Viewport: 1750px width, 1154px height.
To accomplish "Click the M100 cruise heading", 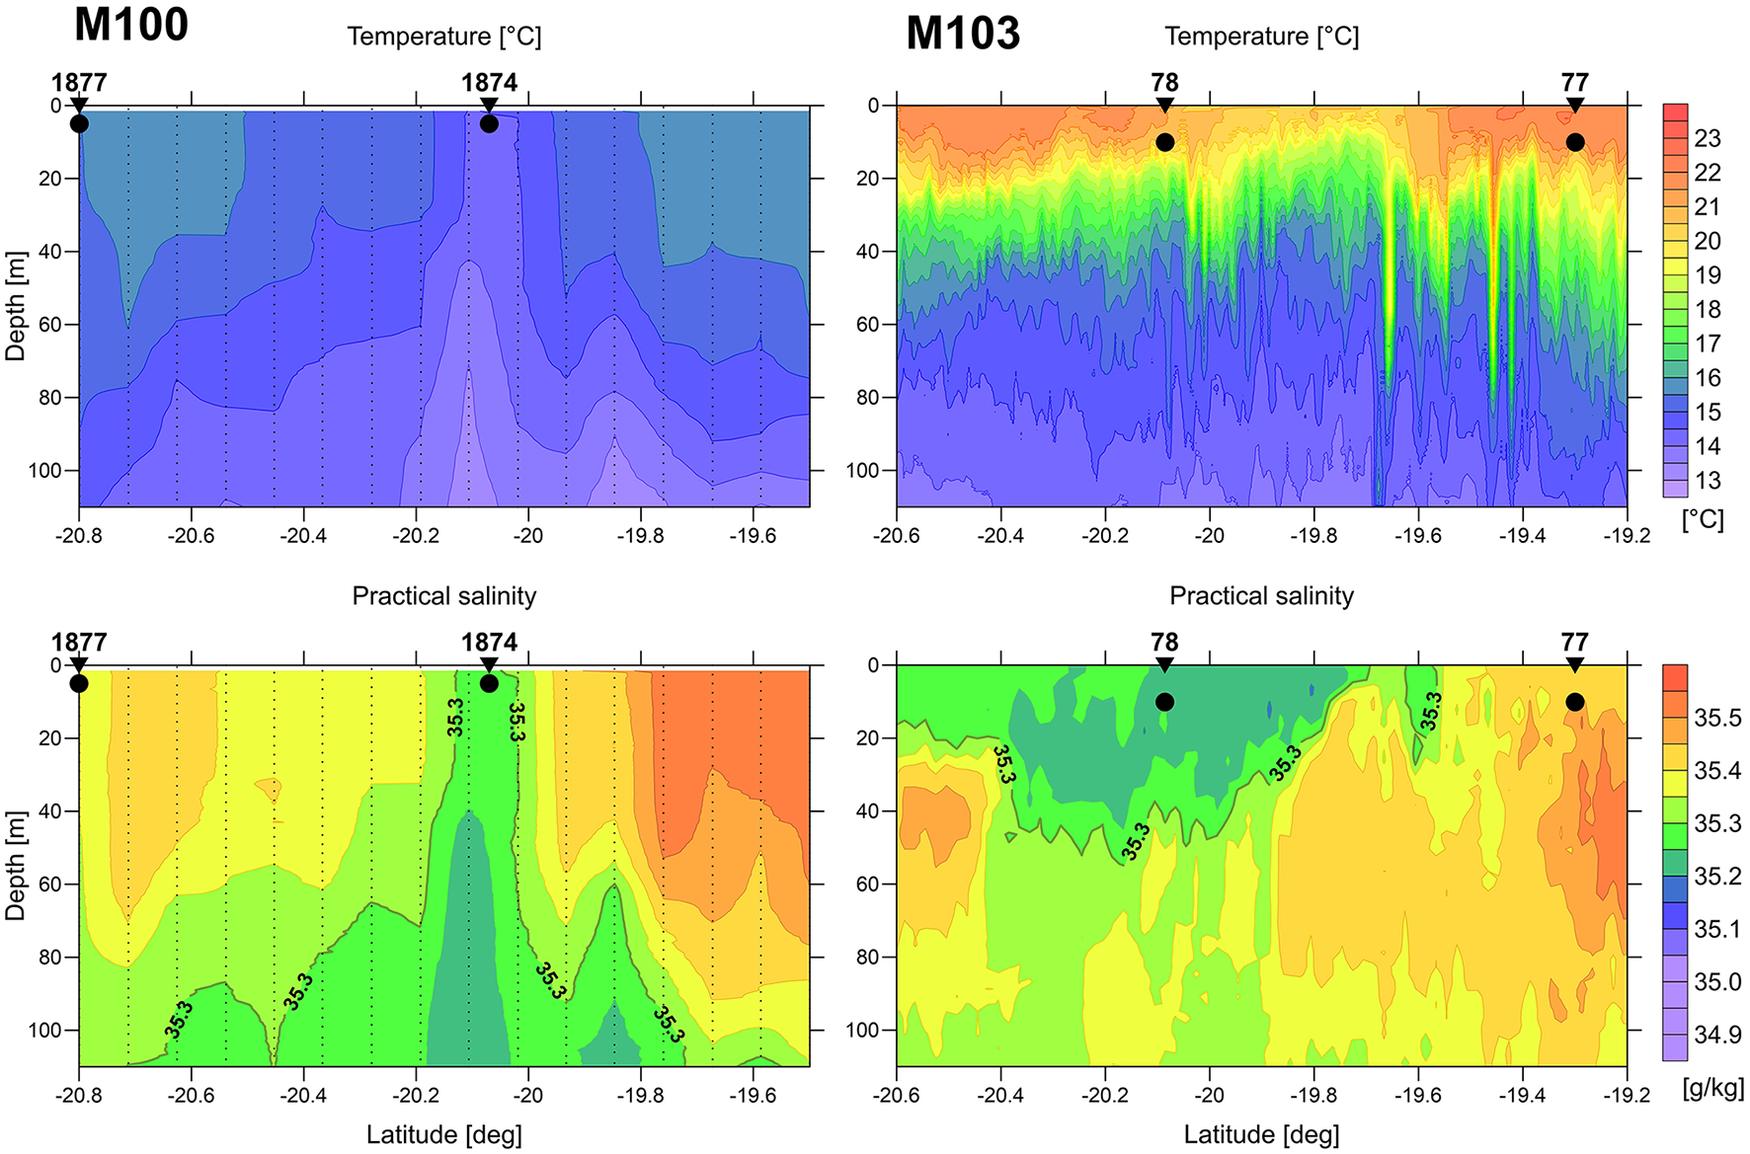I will pyautogui.click(x=130, y=24).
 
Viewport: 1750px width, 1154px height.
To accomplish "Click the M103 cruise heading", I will pyautogui.click(x=962, y=33).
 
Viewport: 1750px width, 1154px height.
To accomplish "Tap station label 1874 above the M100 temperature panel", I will pyautogui.click(x=489, y=83).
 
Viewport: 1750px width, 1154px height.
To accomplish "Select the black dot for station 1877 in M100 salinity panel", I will pyautogui.click(x=79, y=683).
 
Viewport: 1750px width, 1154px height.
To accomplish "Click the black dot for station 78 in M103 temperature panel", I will pyautogui.click(x=1164, y=142).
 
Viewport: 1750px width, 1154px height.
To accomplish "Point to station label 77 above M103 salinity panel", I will pyautogui.click(x=1574, y=643).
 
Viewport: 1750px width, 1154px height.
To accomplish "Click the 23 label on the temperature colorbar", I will pyautogui.click(x=1707, y=138).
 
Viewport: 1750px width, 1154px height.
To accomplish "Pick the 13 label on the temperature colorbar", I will pyautogui.click(x=1707, y=481).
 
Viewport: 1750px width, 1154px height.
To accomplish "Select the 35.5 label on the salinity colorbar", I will pyautogui.click(x=1717, y=718).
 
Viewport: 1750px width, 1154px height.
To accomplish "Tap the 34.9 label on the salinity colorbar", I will pyautogui.click(x=1717, y=1035).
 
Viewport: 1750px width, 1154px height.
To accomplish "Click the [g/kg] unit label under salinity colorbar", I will pyautogui.click(x=1712, y=1088).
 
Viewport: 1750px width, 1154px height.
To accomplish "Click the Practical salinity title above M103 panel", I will pyautogui.click(x=1261, y=596).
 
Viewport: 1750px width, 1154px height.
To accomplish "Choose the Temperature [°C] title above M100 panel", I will pyautogui.click(x=444, y=37).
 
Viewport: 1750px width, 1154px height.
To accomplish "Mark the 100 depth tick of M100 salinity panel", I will pyautogui.click(x=45, y=1030).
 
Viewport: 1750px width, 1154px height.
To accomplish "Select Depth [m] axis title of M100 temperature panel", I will pyautogui.click(x=15, y=306).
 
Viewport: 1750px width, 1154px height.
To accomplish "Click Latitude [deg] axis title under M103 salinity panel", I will pyautogui.click(x=1261, y=1135).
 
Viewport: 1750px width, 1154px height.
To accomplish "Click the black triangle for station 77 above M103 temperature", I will pyautogui.click(x=1574, y=106).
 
